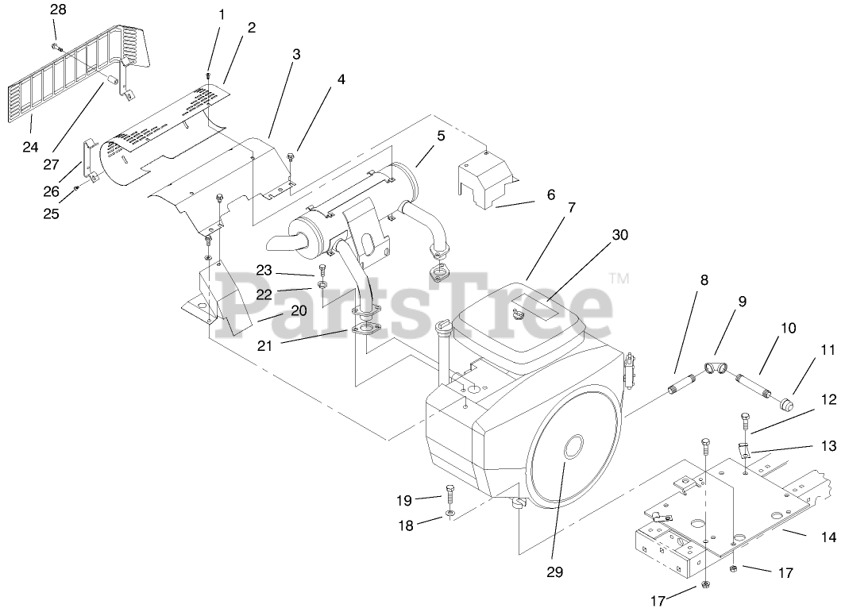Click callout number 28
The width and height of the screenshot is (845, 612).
coord(58,10)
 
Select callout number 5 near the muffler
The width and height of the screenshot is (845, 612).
coord(441,136)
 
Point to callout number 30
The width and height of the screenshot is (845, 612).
coord(619,235)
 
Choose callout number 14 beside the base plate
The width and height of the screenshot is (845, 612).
coord(828,537)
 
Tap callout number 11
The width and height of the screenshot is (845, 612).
coord(828,348)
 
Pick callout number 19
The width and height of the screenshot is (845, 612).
coord(405,500)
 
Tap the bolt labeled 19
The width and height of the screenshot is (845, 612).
coord(450,495)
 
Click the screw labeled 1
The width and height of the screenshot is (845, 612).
coord(209,75)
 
